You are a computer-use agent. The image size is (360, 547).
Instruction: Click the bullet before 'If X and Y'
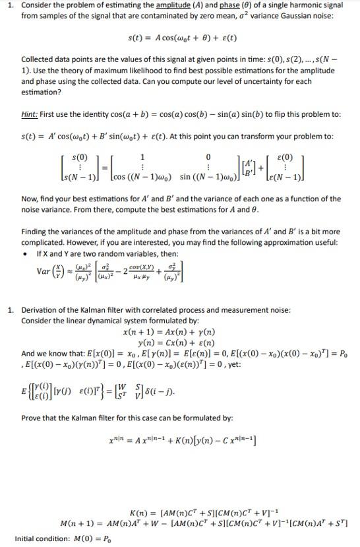click(x=24, y=255)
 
